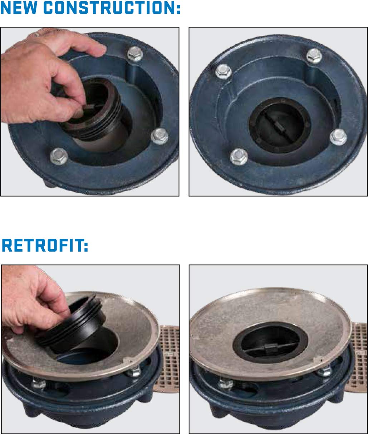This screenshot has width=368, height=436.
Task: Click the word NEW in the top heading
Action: point(19,8)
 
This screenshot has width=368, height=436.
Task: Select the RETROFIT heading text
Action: point(45,245)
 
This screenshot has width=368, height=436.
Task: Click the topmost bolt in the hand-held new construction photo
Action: point(135,54)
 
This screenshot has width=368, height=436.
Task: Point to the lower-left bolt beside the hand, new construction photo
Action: point(59,156)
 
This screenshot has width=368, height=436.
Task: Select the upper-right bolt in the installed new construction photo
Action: point(314,56)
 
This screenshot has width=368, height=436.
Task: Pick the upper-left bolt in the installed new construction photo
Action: point(224,71)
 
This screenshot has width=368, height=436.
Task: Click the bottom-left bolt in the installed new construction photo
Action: point(239,157)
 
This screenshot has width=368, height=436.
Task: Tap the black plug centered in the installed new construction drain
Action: point(280,125)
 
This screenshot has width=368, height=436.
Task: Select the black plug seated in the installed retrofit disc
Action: point(270,342)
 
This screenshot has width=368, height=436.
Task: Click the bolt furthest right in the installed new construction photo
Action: point(338,137)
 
